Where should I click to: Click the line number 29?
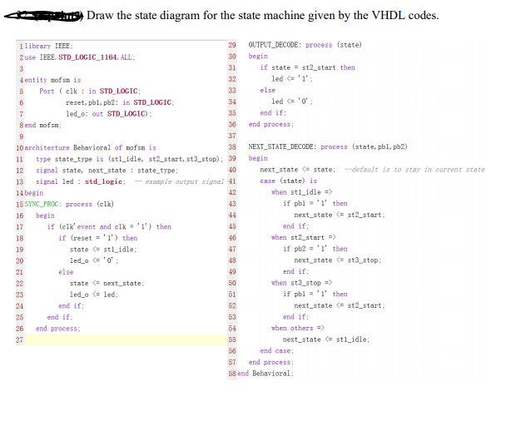(x=232, y=45)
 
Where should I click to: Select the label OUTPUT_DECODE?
(x=275, y=45)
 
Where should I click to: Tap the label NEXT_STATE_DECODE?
(x=282, y=146)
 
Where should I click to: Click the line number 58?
(x=232, y=374)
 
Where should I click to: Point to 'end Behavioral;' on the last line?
(x=266, y=374)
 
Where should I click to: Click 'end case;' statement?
(x=276, y=351)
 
